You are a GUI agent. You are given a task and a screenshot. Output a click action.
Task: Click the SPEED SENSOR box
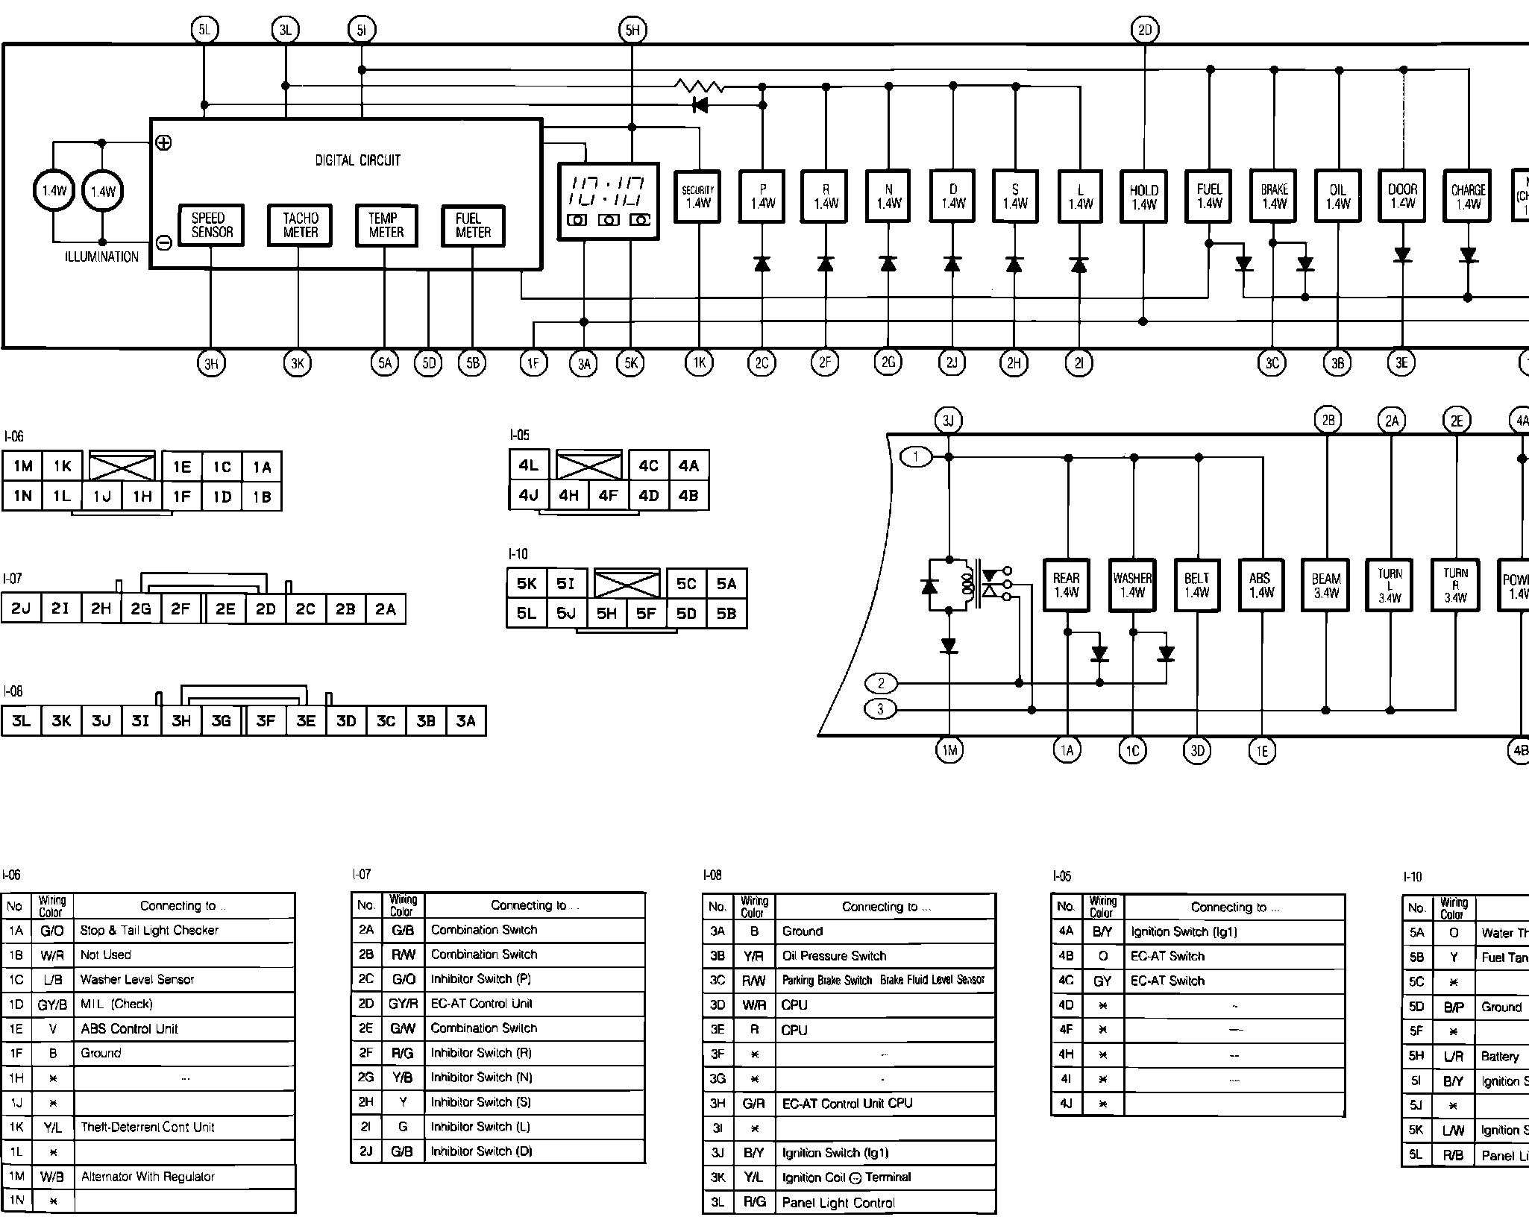point(212,225)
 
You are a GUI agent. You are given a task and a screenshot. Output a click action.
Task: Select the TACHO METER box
point(300,225)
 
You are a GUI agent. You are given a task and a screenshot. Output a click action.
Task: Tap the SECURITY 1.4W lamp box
point(698,196)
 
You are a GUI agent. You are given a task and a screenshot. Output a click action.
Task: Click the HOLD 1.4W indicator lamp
point(1143,197)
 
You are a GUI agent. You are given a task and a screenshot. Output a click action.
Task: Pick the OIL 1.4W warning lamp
point(1338,196)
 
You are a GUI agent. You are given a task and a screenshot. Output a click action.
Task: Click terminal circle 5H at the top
point(632,31)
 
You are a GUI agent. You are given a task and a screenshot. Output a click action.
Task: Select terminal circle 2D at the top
point(1144,31)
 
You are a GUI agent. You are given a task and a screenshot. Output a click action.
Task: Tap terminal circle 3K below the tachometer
point(298,364)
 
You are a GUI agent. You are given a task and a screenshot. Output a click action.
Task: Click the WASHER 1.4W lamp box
point(1132,585)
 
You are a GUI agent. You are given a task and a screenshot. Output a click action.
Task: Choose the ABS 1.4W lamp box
point(1261,585)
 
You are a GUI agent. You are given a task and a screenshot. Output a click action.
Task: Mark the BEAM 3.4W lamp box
point(1326,585)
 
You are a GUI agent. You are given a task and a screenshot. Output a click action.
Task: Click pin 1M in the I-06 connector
point(23,467)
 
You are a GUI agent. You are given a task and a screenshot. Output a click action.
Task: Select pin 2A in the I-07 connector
point(386,609)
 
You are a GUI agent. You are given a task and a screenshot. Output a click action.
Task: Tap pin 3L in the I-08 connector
point(22,721)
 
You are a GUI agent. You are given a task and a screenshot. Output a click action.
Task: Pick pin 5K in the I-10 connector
point(527,584)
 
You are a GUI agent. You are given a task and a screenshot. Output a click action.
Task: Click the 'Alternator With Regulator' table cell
point(148,1177)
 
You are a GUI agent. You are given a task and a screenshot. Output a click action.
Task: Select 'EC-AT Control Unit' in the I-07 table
point(482,1003)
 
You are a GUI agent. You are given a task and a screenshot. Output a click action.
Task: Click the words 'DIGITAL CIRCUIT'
point(357,160)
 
